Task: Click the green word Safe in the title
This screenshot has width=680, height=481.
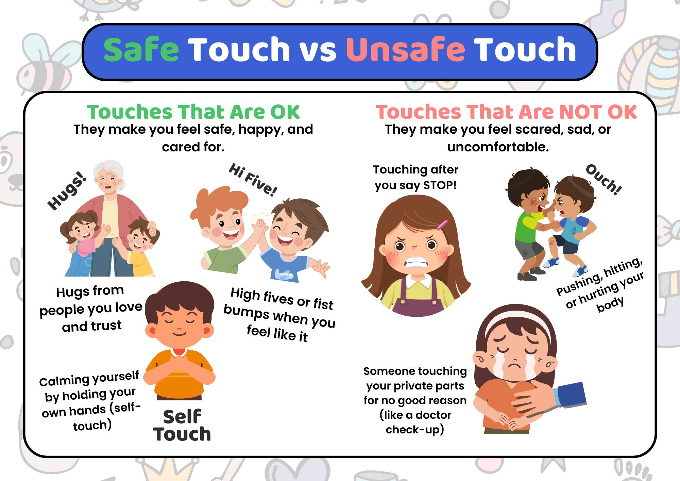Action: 141,50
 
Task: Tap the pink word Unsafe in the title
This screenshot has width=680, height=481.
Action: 405,50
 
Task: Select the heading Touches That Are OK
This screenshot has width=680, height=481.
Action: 193,112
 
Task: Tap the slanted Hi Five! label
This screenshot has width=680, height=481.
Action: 253,180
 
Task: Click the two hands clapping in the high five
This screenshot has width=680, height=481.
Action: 260,226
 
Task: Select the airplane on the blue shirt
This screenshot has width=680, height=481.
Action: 283,274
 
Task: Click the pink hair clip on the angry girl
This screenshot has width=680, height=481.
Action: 442,225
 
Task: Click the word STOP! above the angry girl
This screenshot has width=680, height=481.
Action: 440,185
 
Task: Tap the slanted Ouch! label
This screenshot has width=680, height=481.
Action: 604,179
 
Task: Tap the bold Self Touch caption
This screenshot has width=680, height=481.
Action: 182,425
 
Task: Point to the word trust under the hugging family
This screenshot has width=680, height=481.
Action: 106,326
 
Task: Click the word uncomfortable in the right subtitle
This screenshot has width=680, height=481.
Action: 498,147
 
